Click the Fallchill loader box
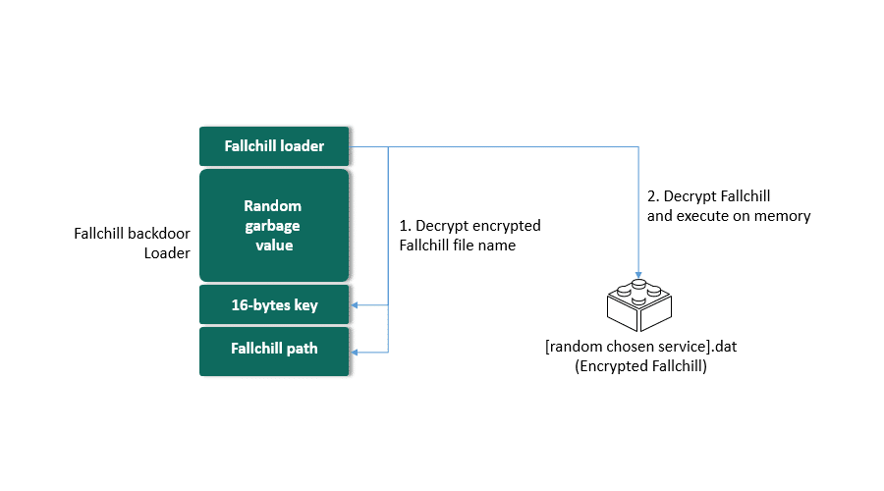274,147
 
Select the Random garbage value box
274,226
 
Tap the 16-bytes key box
274,305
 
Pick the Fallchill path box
274,350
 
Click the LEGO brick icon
639,303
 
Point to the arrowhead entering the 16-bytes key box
356,305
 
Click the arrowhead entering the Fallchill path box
356,351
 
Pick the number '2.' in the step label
654,196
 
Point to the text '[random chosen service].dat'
639,348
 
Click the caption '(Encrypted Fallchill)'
639,366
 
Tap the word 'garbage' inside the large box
274,226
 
